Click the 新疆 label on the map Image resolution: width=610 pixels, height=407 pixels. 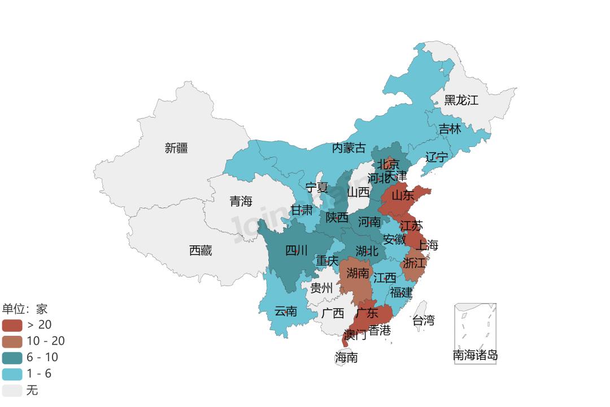(x=176, y=148)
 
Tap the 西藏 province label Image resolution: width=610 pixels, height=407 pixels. (x=201, y=250)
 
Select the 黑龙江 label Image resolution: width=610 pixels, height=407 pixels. (x=461, y=101)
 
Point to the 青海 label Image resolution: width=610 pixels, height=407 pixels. (x=241, y=201)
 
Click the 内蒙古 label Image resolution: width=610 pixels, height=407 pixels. (x=348, y=148)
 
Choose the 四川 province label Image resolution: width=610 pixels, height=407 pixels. (x=296, y=250)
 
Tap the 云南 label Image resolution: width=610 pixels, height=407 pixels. (x=286, y=311)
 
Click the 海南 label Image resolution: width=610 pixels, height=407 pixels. (x=346, y=357)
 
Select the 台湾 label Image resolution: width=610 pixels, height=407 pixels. (x=423, y=321)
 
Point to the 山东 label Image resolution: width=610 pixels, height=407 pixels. (x=403, y=196)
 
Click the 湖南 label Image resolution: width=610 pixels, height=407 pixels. (x=358, y=274)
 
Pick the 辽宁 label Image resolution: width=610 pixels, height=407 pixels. (x=437, y=157)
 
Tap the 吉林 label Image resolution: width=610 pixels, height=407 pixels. (x=450, y=129)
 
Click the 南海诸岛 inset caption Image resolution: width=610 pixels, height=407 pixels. (x=475, y=356)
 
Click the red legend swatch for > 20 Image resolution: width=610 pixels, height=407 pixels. (x=12, y=325)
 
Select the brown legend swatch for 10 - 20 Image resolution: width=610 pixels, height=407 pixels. (x=12, y=341)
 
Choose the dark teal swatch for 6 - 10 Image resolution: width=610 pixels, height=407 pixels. (x=12, y=358)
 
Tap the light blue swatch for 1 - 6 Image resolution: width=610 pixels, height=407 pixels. (x=12, y=374)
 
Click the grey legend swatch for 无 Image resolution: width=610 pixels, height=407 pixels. (x=12, y=391)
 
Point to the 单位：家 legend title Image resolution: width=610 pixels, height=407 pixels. (x=25, y=309)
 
